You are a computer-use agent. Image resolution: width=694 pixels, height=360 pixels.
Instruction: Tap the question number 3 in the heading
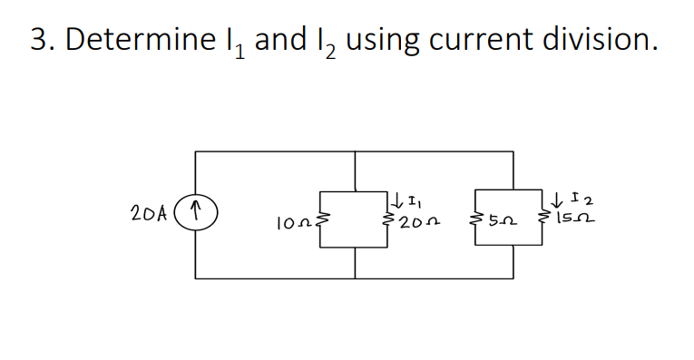[38, 41]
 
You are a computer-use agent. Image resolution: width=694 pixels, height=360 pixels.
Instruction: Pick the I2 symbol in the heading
[328, 43]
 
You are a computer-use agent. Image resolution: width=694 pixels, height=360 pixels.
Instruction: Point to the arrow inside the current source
[196, 216]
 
